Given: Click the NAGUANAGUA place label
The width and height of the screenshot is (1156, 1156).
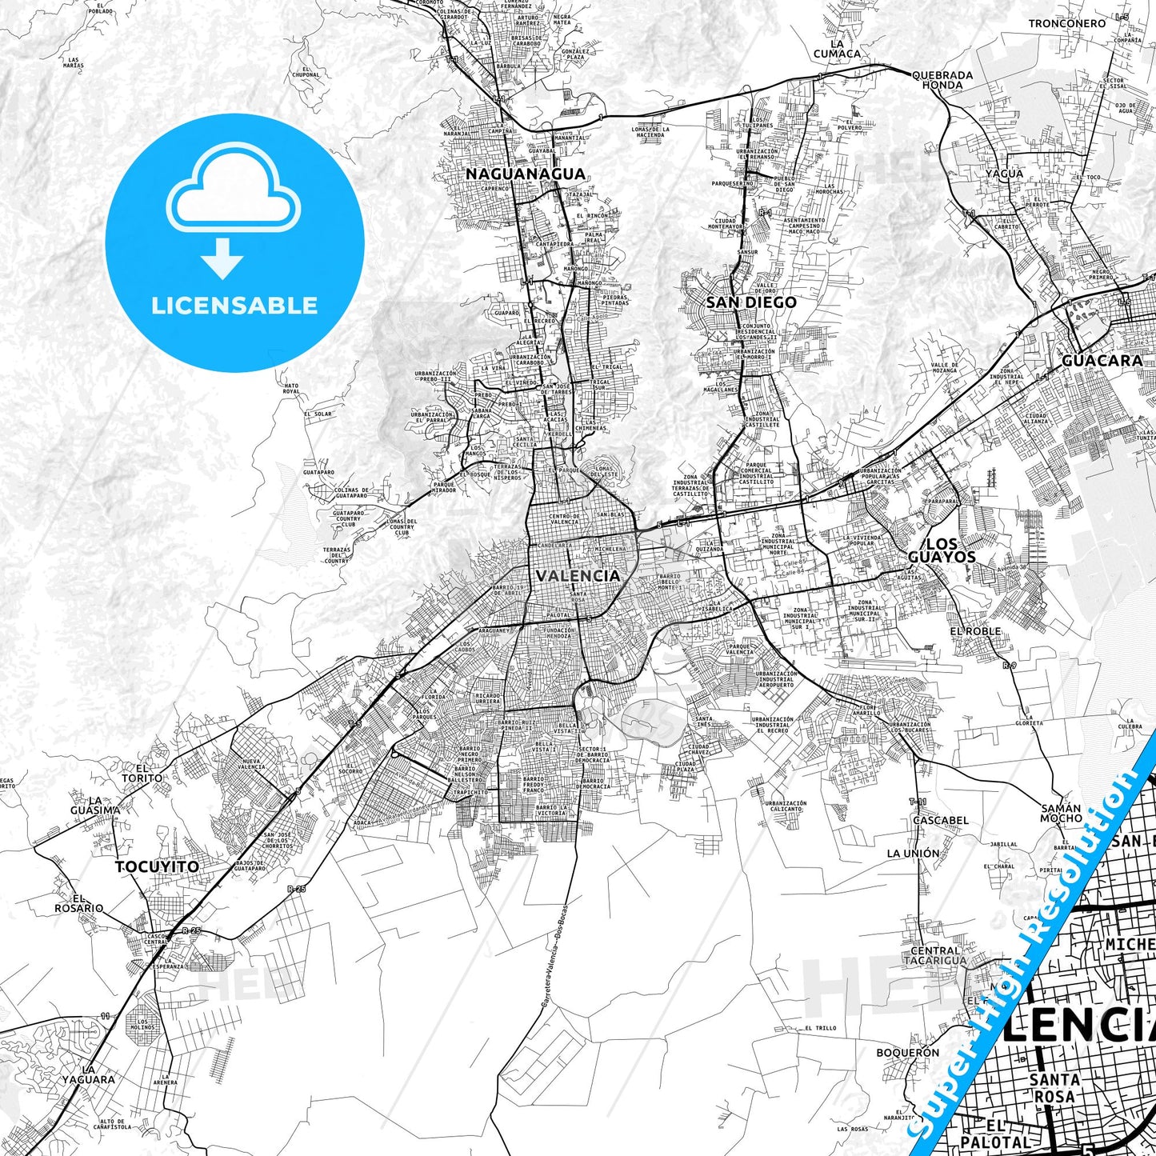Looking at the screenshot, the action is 526,174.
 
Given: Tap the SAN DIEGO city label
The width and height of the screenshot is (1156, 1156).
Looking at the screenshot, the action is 750,302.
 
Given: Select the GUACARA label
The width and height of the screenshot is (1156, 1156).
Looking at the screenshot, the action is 1102,361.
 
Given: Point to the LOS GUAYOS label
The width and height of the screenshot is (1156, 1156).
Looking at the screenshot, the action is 942,550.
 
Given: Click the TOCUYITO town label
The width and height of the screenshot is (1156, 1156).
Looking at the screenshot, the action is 157,866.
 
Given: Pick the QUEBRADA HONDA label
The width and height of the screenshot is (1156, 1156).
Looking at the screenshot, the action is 942,80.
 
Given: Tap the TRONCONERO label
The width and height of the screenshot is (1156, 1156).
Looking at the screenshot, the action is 1067,23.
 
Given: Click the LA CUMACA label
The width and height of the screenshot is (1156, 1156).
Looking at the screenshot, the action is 837,49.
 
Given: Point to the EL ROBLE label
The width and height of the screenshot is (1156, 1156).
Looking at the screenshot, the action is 975,631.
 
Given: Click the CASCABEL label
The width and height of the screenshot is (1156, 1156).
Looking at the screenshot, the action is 940,820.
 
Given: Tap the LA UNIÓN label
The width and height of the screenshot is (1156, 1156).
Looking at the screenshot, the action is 913,854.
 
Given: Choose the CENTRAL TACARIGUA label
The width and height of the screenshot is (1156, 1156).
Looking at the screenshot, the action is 938,955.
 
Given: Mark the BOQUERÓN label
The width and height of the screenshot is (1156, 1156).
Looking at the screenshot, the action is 907,1053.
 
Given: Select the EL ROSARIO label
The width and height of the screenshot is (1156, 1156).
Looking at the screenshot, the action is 78,903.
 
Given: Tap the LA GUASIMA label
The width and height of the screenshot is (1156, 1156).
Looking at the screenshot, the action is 94,805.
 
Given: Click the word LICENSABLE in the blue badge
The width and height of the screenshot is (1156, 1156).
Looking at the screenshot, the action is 234,306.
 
